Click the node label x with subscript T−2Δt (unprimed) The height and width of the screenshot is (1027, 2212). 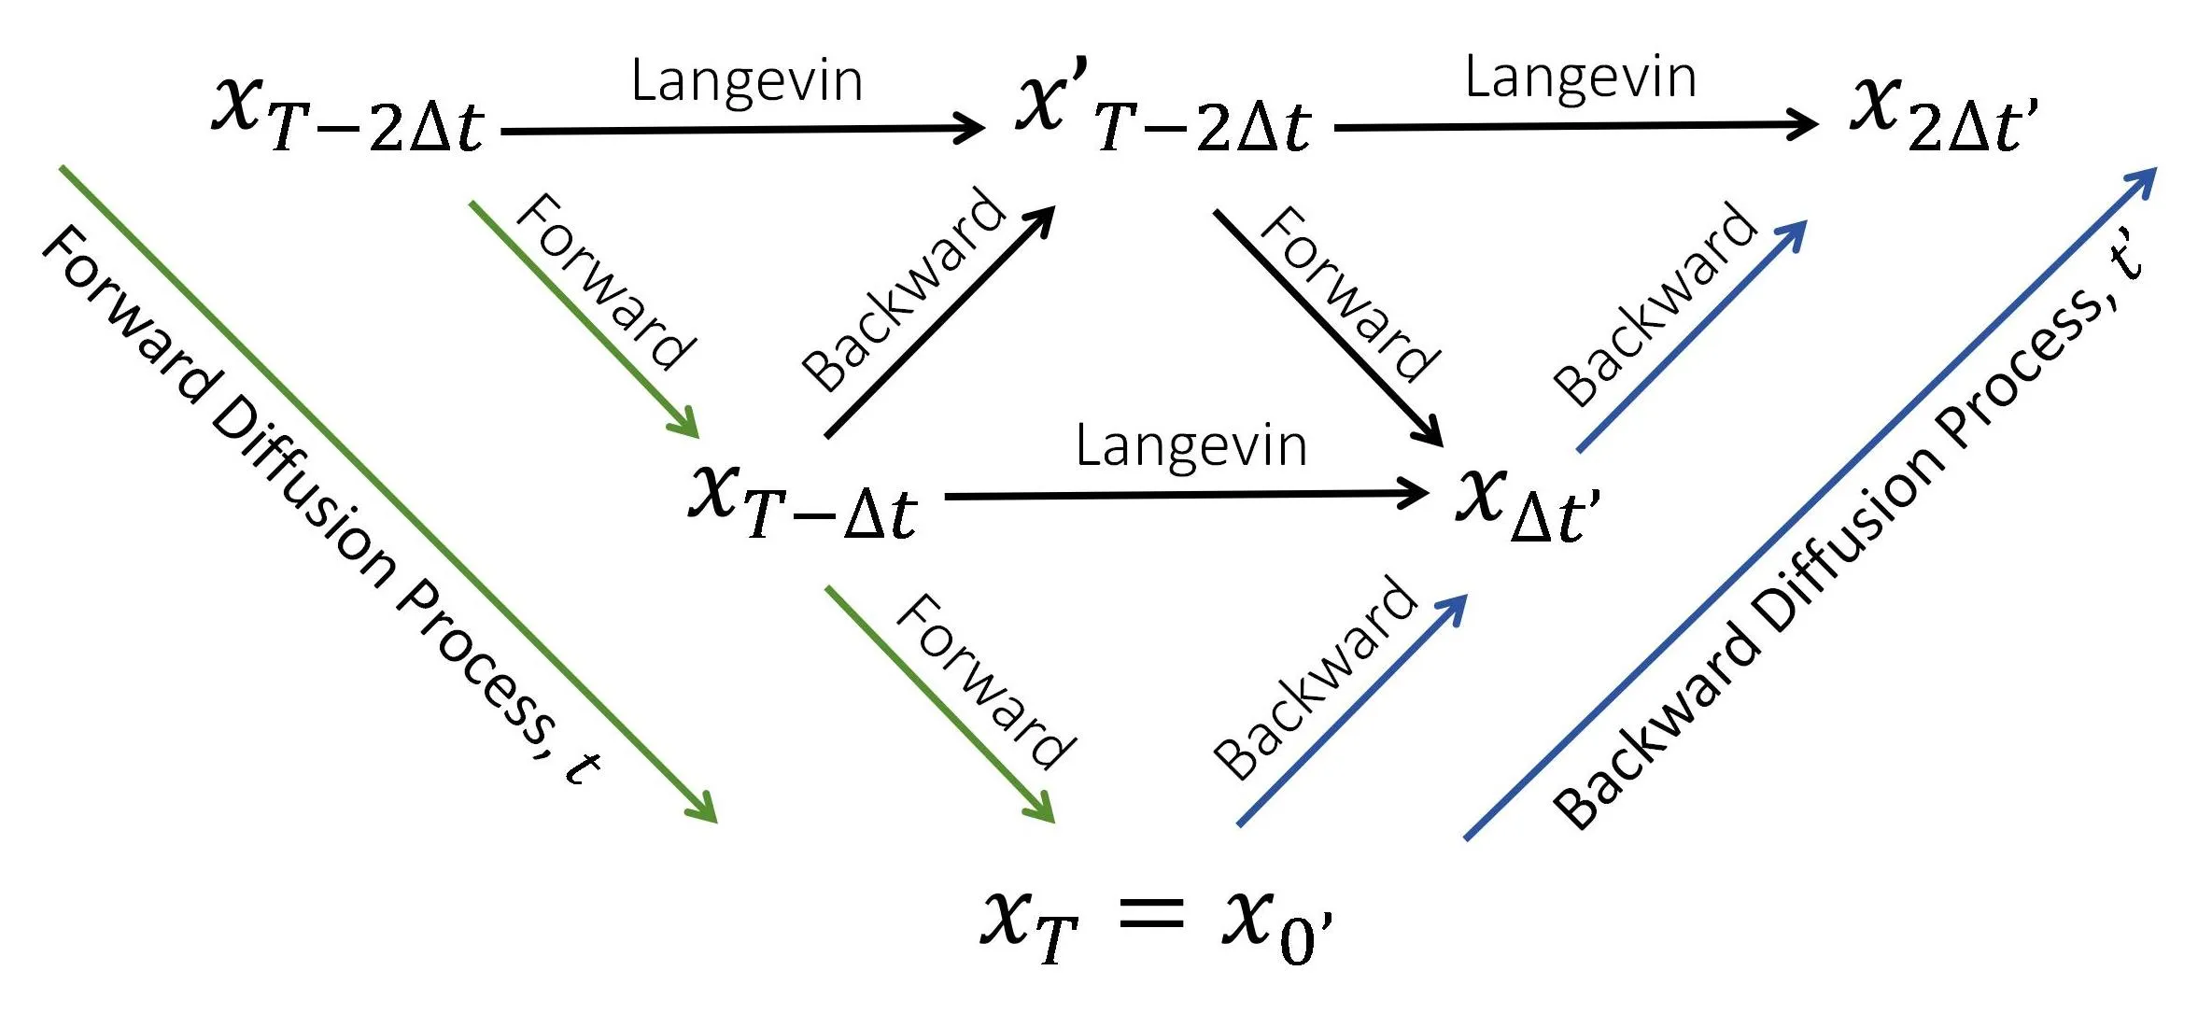pyautogui.click(x=347, y=114)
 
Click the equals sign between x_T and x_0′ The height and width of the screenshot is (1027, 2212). pyautogui.click(x=1150, y=914)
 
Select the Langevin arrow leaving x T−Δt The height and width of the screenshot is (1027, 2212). pyautogui.click(x=1186, y=495)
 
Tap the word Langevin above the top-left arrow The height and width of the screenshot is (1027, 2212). pyautogui.click(x=746, y=80)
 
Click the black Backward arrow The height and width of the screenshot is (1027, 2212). pyautogui.click(x=938, y=323)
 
